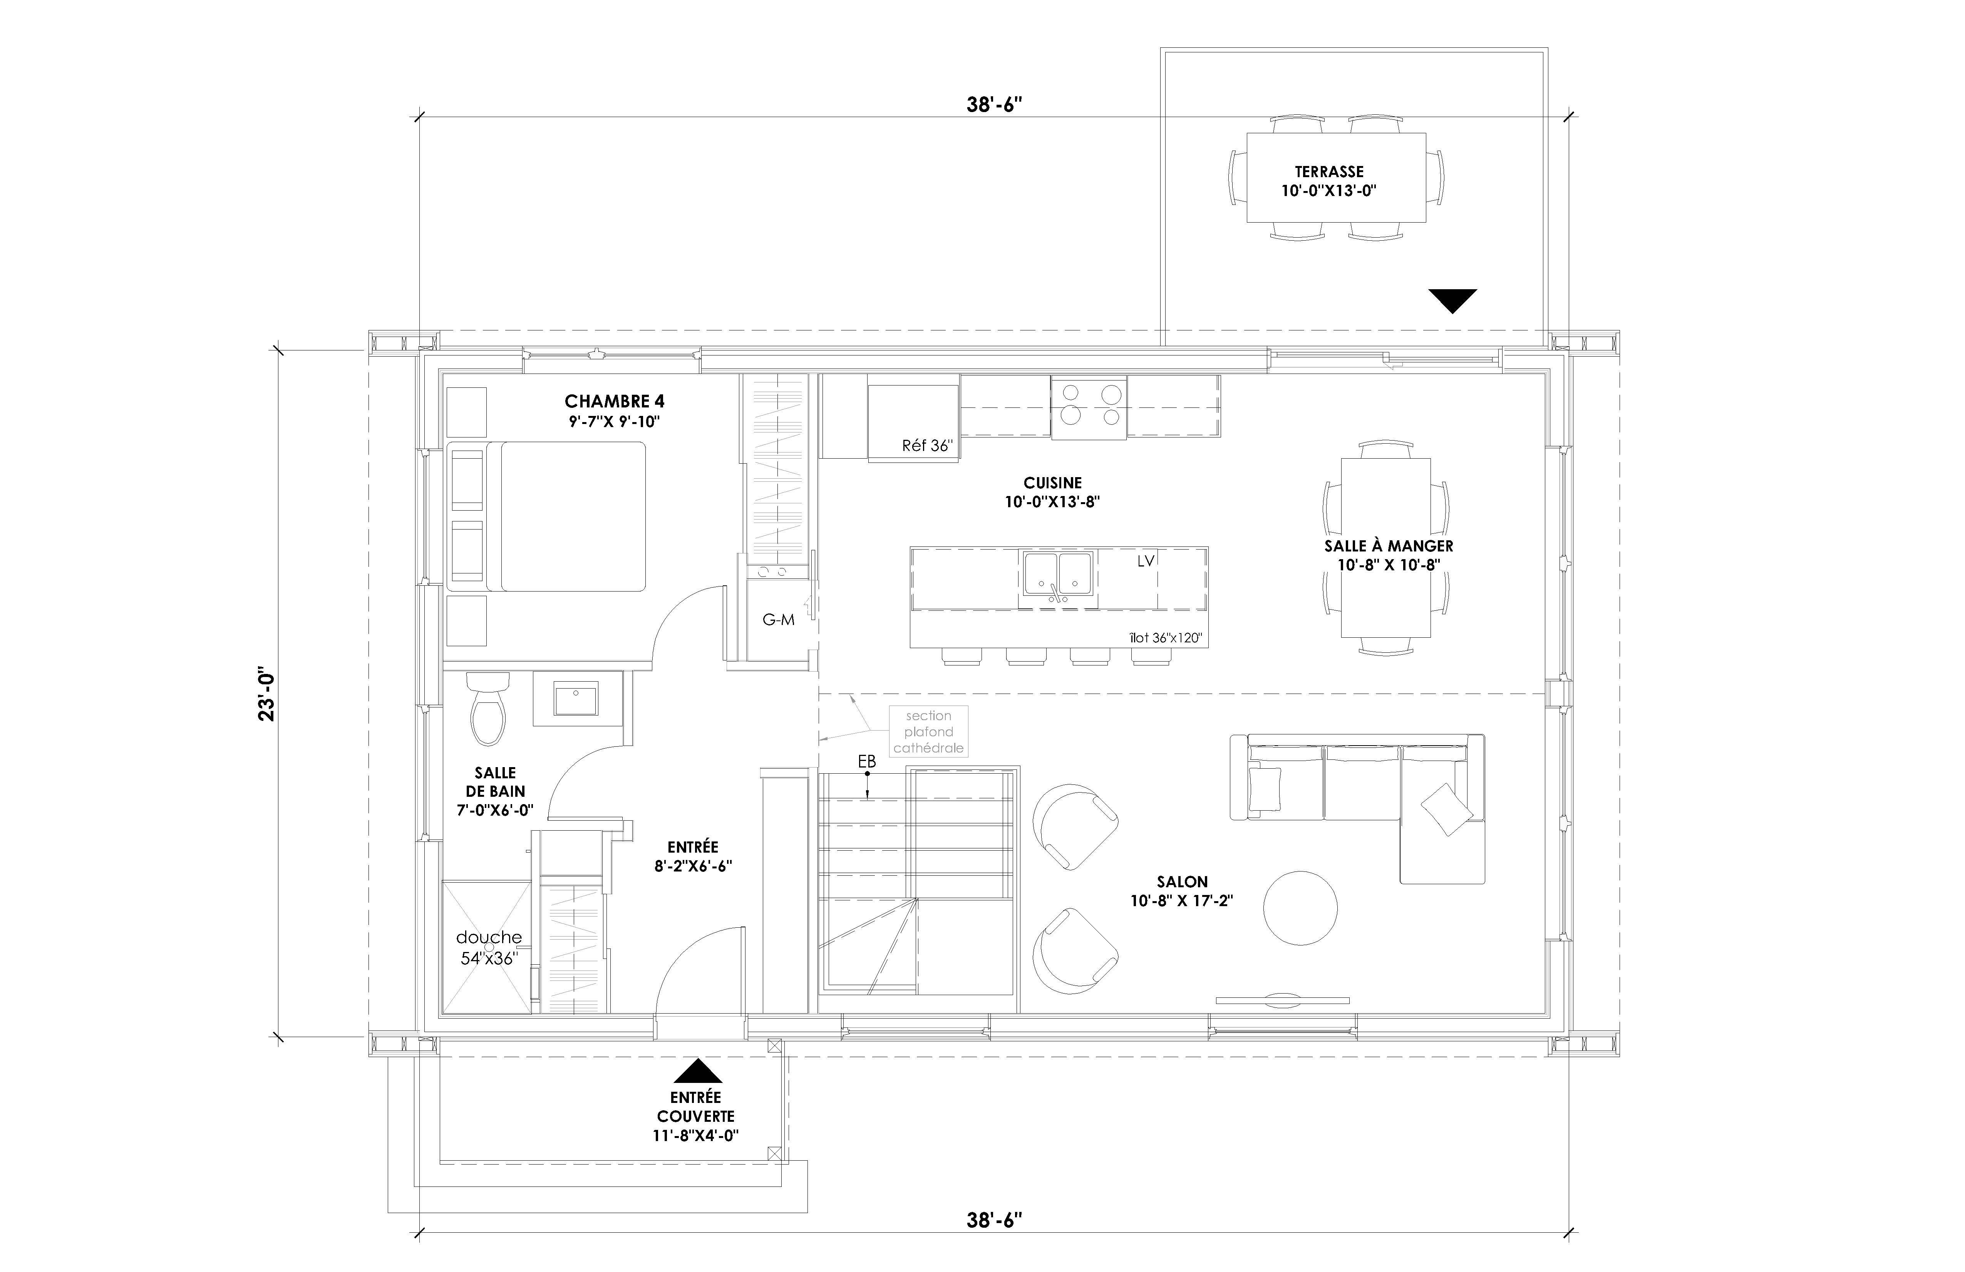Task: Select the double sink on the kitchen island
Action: click(1058, 573)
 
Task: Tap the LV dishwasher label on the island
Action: click(1145, 561)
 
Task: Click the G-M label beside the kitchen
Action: click(778, 620)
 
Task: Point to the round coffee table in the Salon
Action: click(1300, 907)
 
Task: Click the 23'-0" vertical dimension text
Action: click(266, 694)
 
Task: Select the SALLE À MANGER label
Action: click(1389, 546)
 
